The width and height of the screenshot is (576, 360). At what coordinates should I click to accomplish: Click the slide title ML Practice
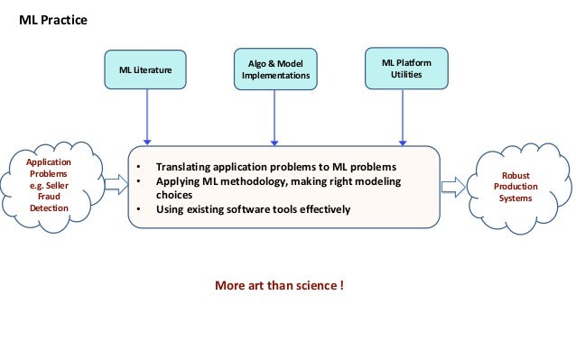[x=53, y=18]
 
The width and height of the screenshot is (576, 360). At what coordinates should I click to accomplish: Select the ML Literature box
[x=146, y=69]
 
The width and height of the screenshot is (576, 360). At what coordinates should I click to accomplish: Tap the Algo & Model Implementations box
[x=275, y=69]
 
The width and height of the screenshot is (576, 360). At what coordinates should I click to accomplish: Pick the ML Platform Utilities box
[x=405, y=69]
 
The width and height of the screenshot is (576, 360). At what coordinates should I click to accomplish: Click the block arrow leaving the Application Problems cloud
[x=116, y=186]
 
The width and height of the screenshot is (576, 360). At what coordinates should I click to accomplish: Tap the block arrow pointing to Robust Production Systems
[x=453, y=187]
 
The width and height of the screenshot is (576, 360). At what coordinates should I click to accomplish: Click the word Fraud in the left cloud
[x=49, y=196]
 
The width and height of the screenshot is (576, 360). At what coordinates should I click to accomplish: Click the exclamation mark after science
[x=340, y=286]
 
